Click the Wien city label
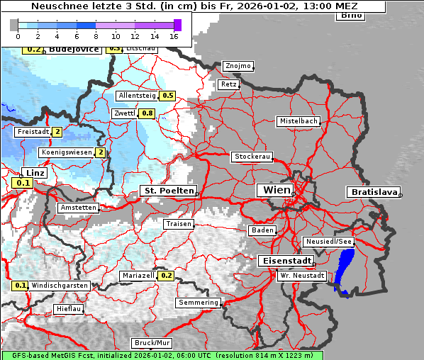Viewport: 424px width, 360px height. coord(277,190)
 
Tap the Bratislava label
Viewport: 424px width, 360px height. coord(373,192)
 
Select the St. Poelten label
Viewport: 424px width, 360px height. coord(168,191)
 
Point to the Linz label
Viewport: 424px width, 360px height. coord(35,173)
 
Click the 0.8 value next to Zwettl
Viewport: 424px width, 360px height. coord(147,113)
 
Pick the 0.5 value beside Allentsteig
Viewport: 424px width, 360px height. coord(167,96)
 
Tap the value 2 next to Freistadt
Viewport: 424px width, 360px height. coord(57,132)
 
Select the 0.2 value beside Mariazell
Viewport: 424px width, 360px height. coord(166,276)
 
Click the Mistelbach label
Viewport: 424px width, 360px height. coord(298,121)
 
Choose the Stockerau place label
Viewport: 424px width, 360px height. coord(252,157)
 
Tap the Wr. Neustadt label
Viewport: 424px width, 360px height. coord(301,276)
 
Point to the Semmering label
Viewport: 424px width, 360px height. coord(199,303)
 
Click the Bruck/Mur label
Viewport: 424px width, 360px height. coord(152,343)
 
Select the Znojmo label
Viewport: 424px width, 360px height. coord(238,66)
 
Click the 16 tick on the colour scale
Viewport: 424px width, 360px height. coord(174,35)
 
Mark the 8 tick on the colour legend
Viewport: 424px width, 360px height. coord(96,35)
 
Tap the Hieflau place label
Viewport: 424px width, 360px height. coord(69,309)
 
